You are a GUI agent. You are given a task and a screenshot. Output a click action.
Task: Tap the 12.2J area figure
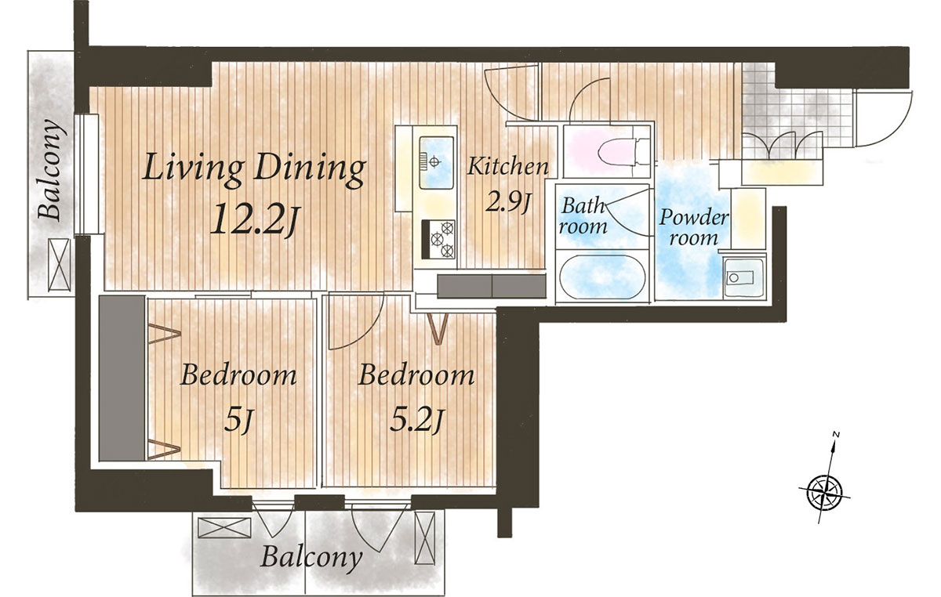254,220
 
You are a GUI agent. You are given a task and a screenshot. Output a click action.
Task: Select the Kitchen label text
508,166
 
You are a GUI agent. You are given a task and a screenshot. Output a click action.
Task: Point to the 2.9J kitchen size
508,202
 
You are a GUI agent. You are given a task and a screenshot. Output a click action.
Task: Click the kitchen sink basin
437,162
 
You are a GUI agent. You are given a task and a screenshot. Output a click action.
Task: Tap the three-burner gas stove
438,239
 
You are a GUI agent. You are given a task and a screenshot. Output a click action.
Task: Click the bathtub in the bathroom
602,277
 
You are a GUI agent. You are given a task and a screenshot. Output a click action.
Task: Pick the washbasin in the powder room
743,277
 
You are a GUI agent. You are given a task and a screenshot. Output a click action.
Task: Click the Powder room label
693,228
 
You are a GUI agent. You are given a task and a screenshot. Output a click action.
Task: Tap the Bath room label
583,215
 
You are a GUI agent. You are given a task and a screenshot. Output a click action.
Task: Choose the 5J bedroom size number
238,421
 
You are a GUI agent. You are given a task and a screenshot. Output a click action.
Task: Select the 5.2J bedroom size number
416,421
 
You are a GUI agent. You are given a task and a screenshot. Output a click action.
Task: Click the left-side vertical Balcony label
52,171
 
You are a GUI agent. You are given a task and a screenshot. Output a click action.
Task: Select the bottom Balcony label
311,558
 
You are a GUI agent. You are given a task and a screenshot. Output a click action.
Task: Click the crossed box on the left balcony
59,265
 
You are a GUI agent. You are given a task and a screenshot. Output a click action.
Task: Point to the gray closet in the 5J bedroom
122,378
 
